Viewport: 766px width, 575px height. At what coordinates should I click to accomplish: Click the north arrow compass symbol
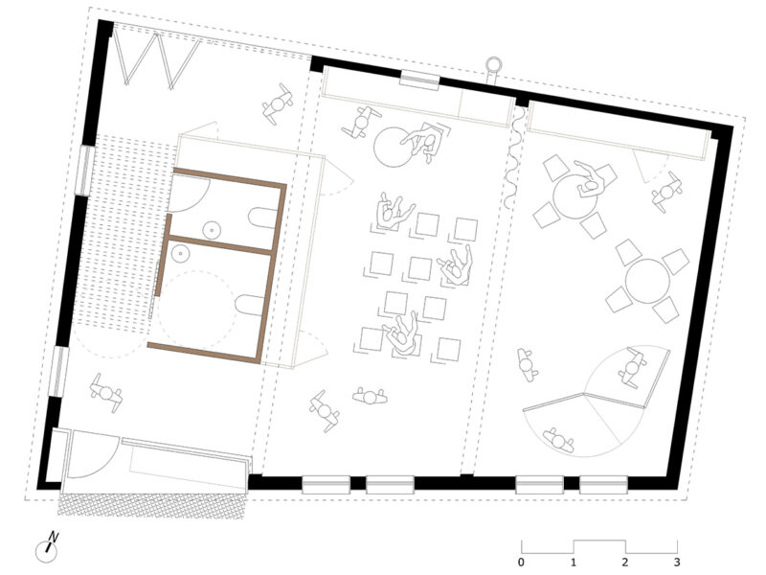(x=44, y=550)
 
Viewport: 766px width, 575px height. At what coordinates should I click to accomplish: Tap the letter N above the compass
(x=55, y=537)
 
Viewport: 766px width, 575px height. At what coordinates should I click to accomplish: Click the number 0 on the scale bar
(x=521, y=563)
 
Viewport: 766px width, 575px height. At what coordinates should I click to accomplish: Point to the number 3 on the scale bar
(x=677, y=563)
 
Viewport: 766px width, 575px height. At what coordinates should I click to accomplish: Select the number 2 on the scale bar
(x=625, y=563)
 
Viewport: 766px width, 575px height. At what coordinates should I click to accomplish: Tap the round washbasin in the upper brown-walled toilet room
(x=210, y=229)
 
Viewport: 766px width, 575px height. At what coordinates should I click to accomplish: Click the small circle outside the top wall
(x=494, y=65)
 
